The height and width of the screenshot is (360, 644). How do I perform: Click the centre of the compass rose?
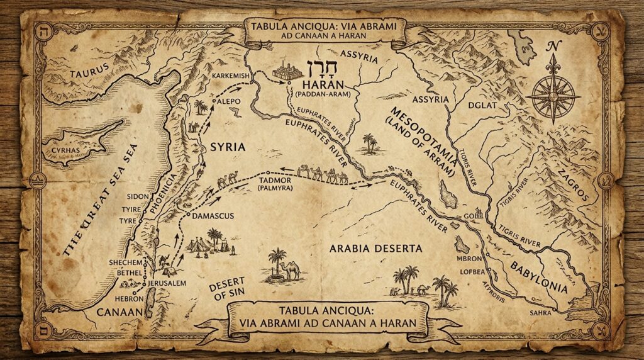pos(553,96)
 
